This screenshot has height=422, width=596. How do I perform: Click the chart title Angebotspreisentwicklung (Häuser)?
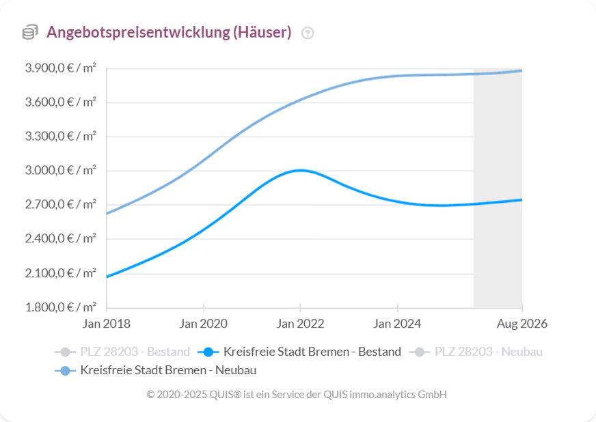point(169,32)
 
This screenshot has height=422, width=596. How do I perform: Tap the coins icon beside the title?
point(30,32)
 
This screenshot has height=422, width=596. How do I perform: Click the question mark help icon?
point(308,33)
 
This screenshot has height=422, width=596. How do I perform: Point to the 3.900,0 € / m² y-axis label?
point(61,68)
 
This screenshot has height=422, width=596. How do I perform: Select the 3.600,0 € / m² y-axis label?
point(61,102)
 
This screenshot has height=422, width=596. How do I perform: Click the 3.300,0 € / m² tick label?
point(61,137)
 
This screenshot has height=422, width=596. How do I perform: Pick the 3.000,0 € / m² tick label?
point(61,171)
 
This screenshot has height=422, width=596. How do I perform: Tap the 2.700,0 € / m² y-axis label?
point(61,205)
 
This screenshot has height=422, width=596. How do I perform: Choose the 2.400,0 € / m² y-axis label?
point(61,239)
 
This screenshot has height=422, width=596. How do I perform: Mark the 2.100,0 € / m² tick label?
point(61,273)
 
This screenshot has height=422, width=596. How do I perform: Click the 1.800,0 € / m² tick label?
point(61,307)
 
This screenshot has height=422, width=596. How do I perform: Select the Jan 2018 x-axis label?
point(107,324)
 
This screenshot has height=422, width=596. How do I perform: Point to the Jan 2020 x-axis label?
point(204,324)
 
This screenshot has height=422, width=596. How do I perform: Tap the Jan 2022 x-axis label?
point(300,324)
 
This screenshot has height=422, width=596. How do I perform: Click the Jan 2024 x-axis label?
point(397,324)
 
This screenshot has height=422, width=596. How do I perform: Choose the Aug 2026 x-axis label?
point(522,324)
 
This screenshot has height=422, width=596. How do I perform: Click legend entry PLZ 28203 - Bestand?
point(123,352)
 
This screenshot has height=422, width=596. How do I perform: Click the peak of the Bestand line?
point(300,170)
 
